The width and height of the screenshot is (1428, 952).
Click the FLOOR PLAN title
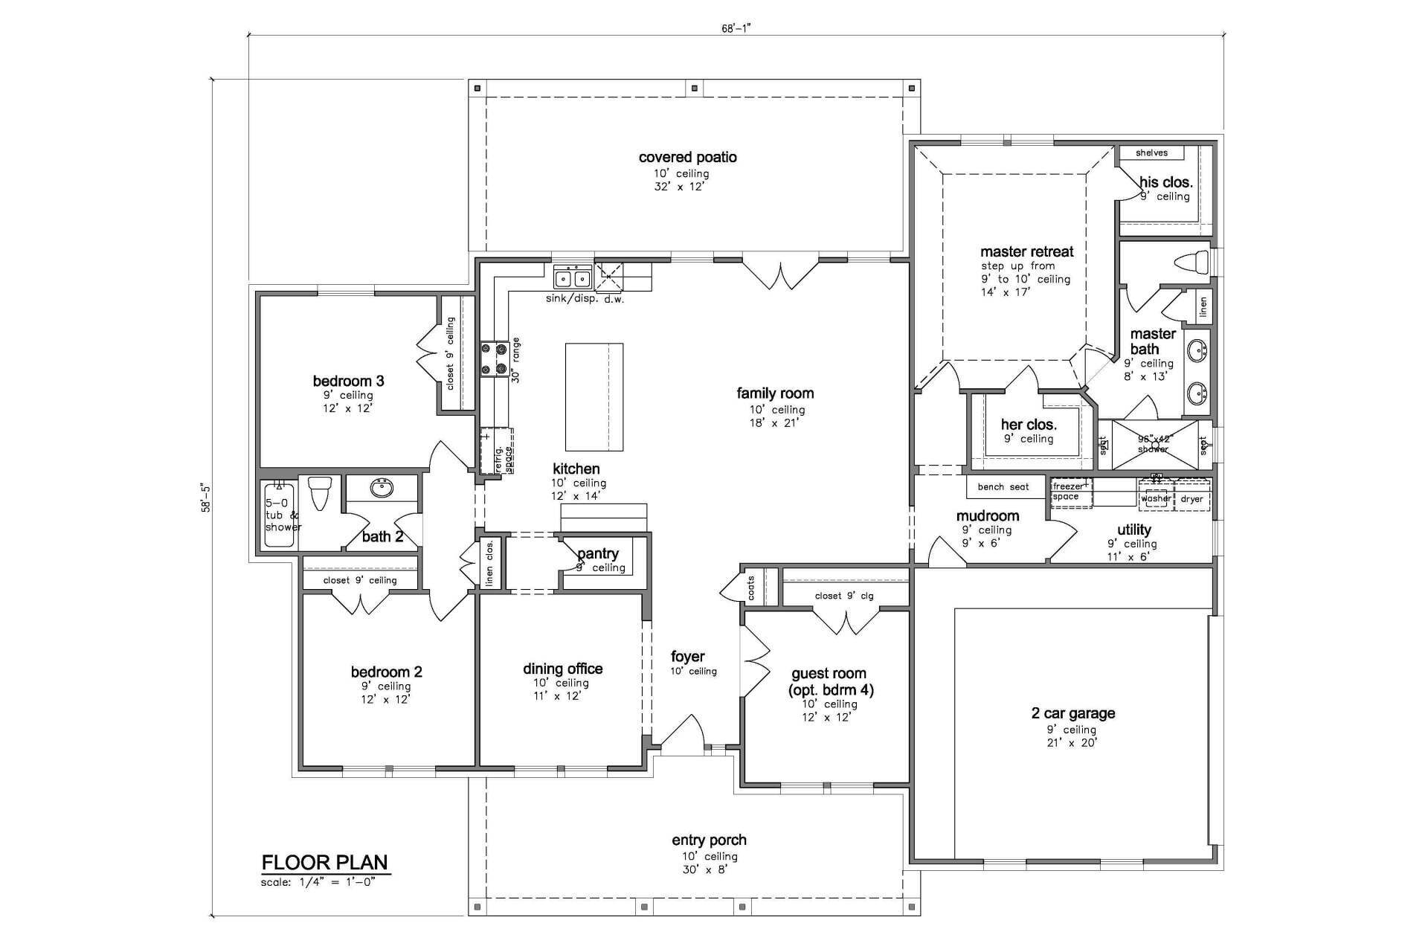tap(324, 862)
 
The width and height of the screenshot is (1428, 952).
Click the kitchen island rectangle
tap(594, 396)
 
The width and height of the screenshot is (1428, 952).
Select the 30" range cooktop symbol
tap(494, 358)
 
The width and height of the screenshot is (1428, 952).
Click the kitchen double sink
tap(573, 278)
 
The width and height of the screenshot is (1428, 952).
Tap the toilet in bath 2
tap(319, 492)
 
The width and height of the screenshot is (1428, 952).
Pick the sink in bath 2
tap(382, 488)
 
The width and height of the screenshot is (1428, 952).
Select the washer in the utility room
tap(1156, 498)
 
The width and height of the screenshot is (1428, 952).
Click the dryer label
tap(1191, 499)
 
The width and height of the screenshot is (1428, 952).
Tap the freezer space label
tap(1067, 491)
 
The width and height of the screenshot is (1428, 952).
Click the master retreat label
tap(1026, 252)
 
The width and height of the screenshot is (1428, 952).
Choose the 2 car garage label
tap(1072, 713)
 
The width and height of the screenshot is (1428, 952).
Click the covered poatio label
tap(688, 158)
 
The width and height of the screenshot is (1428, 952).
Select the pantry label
tap(598, 554)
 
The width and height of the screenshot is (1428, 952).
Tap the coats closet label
tap(751, 588)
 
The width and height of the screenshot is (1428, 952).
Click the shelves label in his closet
tap(1151, 153)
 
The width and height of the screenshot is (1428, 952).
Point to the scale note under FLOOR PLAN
tap(318, 882)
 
